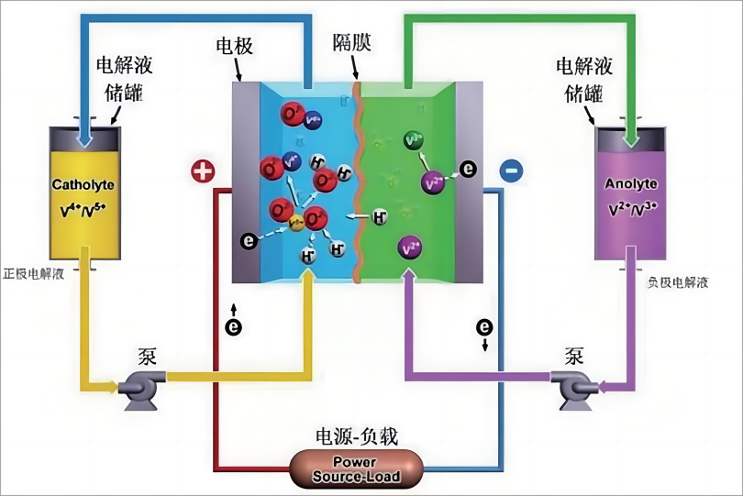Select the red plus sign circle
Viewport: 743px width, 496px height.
click(202, 171)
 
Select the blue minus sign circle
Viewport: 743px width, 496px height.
click(512, 170)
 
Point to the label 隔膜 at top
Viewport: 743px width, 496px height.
click(352, 43)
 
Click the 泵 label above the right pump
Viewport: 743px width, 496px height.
click(575, 354)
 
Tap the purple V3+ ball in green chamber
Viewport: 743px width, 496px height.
click(410, 248)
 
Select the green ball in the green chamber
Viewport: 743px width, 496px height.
click(414, 140)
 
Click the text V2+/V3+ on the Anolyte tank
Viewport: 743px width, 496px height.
click(631, 209)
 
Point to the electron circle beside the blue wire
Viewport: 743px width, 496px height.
click(484, 326)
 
